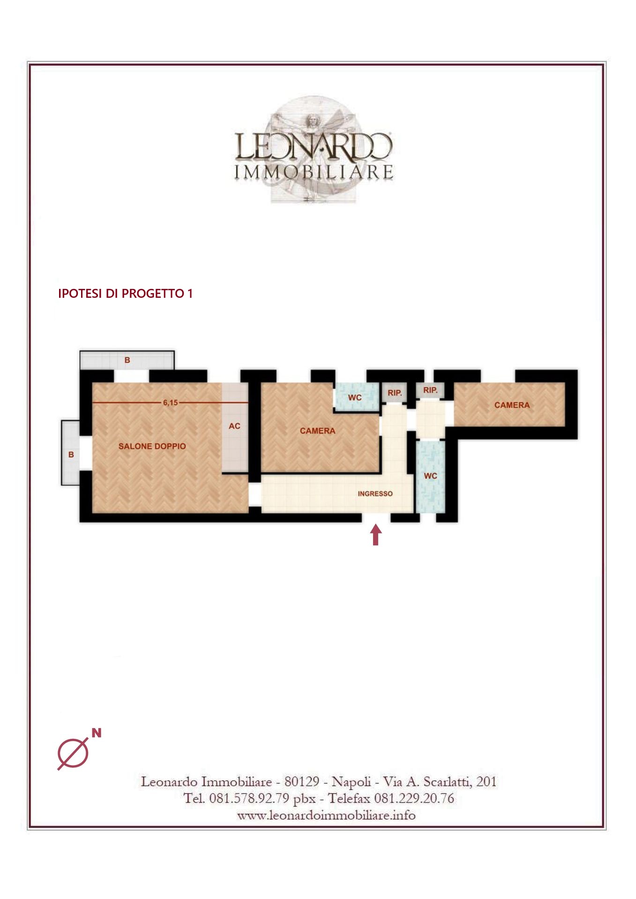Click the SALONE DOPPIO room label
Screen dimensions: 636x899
click(x=152, y=446)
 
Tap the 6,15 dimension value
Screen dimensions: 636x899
click(x=170, y=403)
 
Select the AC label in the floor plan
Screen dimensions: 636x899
click(x=234, y=426)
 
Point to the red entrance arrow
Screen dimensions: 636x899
click(x=375, y=535)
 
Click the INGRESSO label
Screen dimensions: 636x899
click(x=375, y=494)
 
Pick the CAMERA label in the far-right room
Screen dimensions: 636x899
click(x=512, y=405)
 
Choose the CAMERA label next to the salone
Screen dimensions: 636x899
click(x=317, y=431)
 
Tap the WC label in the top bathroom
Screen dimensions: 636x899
click(x=355, y=398)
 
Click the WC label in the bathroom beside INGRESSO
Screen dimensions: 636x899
click(x=430, y=476)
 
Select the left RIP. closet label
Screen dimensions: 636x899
click(x=395, y=393)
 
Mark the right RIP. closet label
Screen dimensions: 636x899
click(x=430, y=390)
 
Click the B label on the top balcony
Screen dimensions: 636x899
click(x=127, y=360)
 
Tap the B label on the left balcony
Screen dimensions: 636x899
click(x=71, y=455)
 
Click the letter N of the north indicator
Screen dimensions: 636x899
click(x=97, y=733)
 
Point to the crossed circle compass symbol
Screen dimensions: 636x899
click(x=73, y=753)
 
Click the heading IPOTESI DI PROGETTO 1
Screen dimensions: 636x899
click(x=125, y=294)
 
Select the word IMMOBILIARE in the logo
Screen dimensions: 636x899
click(x=314, y=172)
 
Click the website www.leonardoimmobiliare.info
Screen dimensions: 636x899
click(x=326, y=815)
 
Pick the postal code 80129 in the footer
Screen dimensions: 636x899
click(x=302, y=781)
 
